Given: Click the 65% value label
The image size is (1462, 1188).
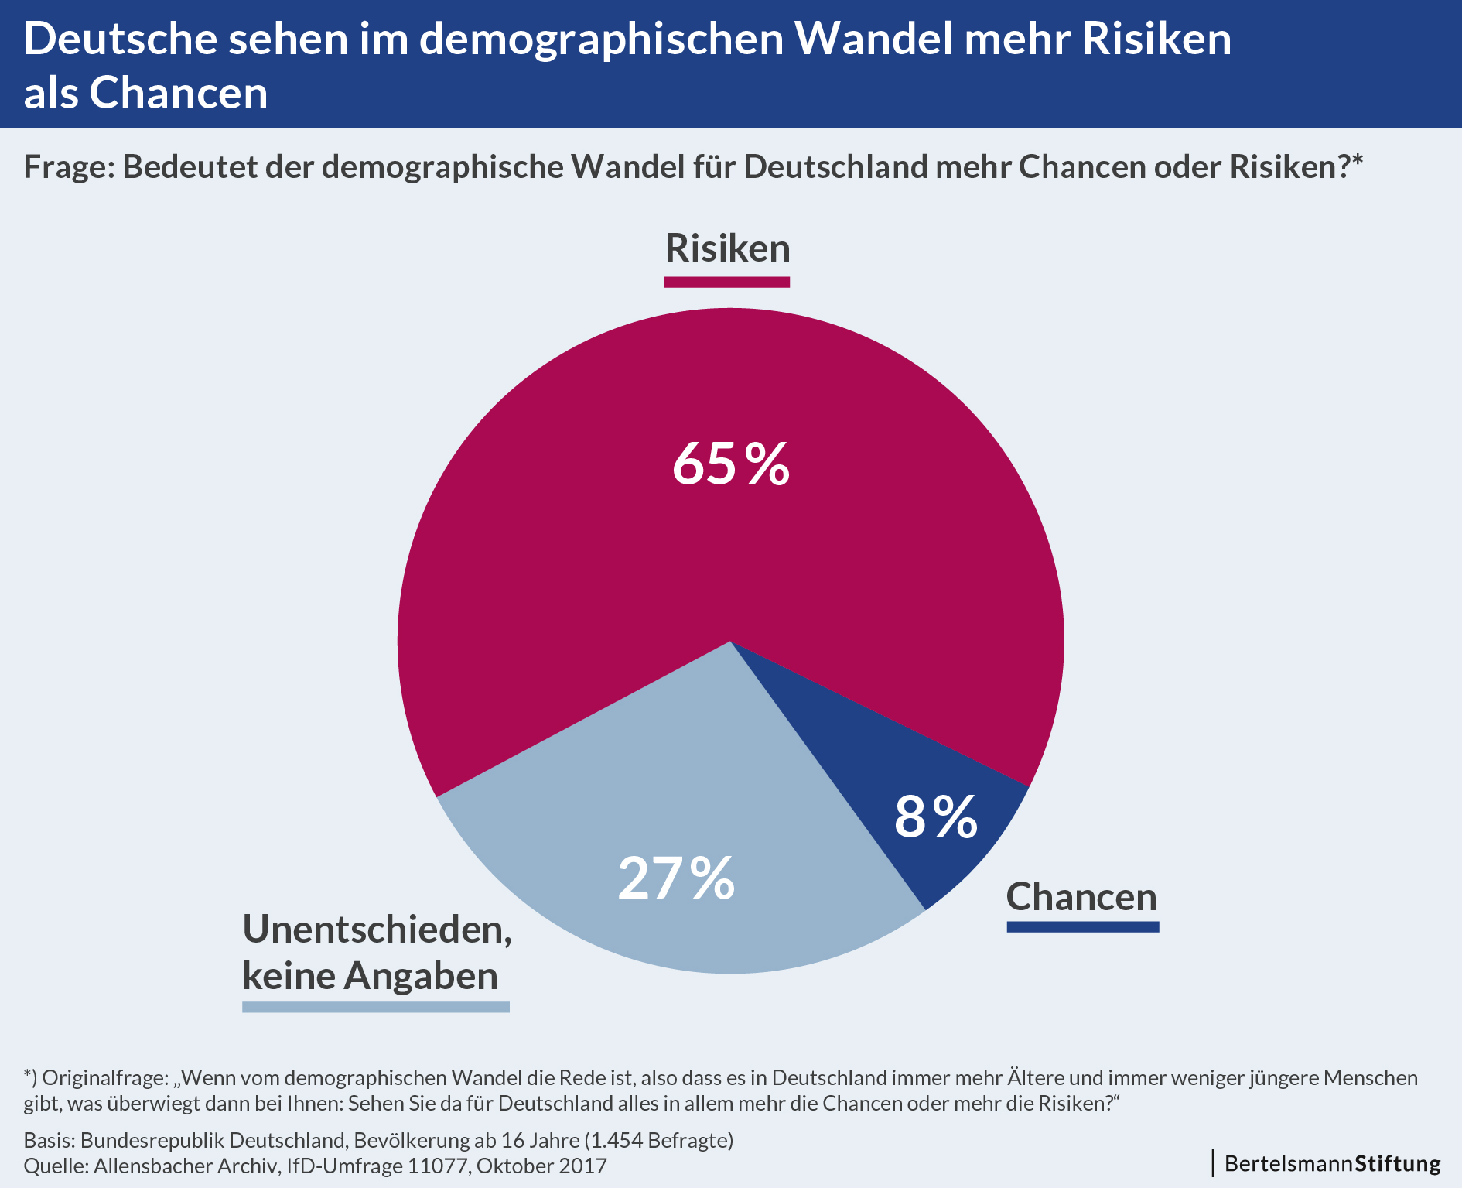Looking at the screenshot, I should (730, 464).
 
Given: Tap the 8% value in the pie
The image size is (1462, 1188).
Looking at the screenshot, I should (935, 817).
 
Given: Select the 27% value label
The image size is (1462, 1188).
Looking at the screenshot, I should (676, 878).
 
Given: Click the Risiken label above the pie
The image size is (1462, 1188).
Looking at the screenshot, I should (728, 248).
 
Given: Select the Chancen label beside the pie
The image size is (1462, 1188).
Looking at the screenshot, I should (1081, 897).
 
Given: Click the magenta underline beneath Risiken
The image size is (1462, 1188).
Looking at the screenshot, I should (726, 282).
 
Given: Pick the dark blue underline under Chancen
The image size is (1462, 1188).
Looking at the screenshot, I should (1083, 926).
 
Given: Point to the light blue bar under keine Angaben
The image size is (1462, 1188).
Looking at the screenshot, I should (376, 1007).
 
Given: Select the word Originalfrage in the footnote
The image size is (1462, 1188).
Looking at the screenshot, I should (105, 1077).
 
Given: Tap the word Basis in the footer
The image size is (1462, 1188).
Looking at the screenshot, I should (49, 1140).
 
